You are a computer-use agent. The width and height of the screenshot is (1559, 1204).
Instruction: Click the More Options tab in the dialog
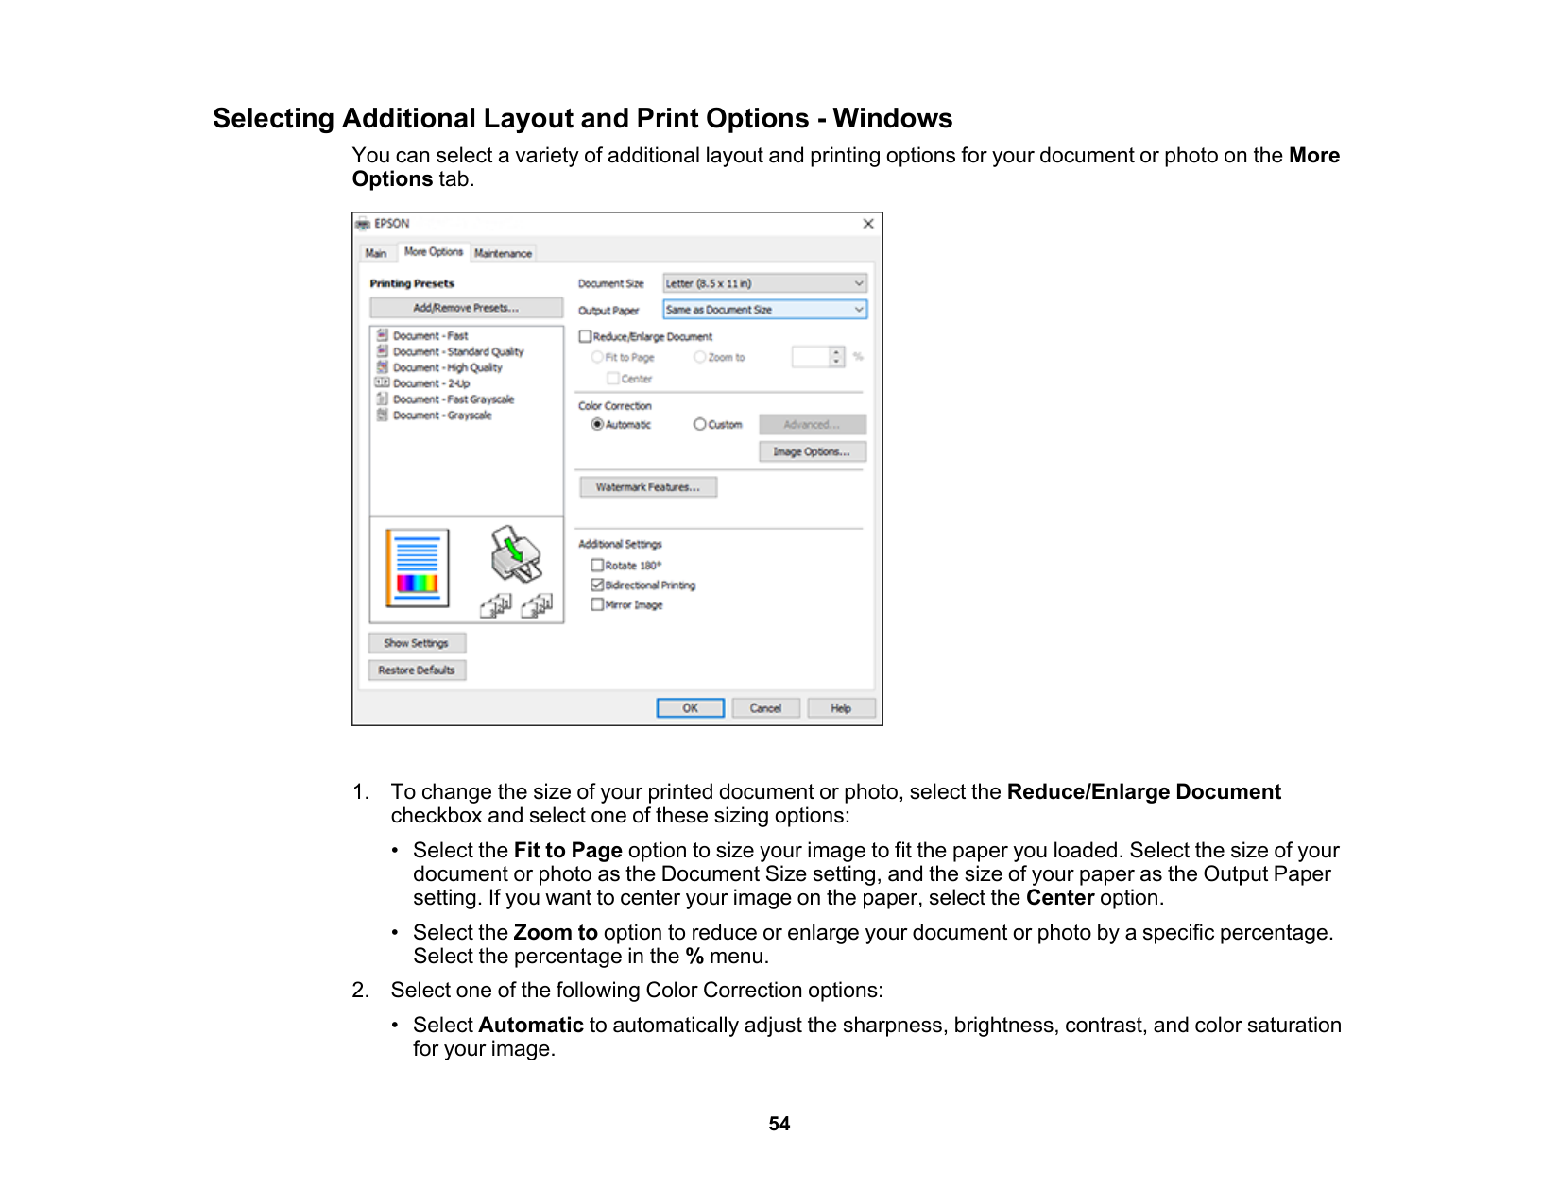433,252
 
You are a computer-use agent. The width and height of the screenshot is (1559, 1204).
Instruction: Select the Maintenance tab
503,253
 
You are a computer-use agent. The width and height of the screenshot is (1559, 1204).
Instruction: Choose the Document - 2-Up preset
431,383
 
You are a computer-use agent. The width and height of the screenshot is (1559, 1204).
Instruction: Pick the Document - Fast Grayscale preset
453,399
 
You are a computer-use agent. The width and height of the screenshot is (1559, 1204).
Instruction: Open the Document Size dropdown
764,283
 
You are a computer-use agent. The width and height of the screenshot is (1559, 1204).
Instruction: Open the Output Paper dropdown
764,310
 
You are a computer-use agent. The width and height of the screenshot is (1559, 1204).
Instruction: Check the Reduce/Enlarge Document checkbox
586,336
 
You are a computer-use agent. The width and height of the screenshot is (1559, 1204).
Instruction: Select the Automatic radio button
597,425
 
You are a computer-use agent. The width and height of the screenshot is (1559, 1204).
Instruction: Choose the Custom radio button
699,425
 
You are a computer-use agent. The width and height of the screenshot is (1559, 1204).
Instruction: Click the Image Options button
812,452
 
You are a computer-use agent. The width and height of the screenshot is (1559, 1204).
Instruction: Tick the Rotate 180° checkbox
597,566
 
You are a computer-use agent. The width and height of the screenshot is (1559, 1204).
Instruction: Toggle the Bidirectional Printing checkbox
597,585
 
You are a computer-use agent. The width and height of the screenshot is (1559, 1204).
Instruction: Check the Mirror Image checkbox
597,605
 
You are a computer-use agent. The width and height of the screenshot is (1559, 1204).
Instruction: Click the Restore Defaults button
417,670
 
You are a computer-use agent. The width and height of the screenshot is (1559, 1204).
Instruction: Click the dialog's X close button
867,224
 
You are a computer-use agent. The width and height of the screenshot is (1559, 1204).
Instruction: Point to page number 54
779,1124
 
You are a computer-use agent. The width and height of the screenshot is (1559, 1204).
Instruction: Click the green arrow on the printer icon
514,547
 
